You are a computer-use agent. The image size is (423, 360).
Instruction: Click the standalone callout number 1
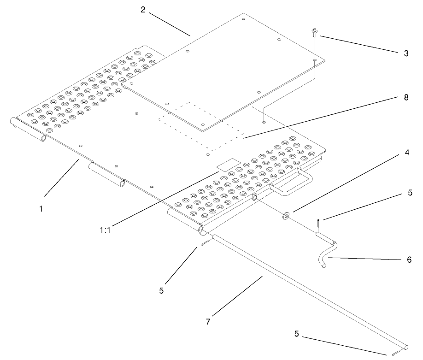[41, 208]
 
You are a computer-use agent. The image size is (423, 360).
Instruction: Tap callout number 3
[405, 53]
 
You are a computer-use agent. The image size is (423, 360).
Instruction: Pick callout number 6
[409, 260]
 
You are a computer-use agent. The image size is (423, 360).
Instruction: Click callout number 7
[208, 322]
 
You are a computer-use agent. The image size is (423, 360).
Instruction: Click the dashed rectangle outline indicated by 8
[201, 126]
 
